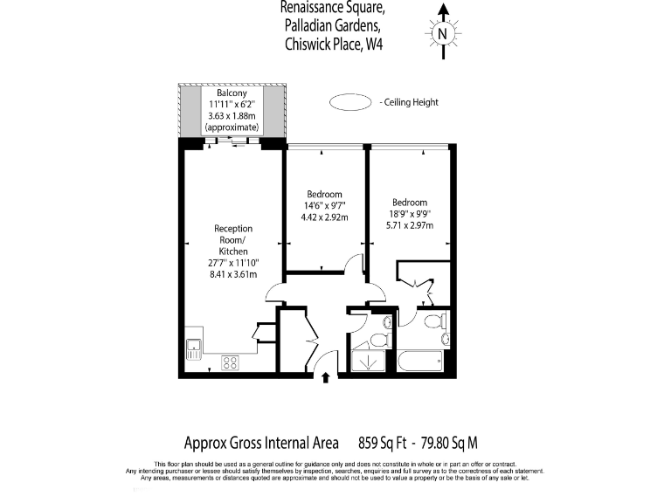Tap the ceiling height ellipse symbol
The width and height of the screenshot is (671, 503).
[x=349, y=102]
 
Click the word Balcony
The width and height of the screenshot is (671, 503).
[x=232, y=93]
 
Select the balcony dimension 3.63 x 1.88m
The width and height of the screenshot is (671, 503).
[x=232, y=115]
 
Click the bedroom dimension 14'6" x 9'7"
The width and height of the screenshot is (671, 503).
[x=324, y=205]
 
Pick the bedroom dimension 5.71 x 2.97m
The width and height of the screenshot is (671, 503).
[x=409, y=224]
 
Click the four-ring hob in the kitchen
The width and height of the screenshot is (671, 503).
[x=231, y=362]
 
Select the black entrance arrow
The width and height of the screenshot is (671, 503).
[x=327, y=377]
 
